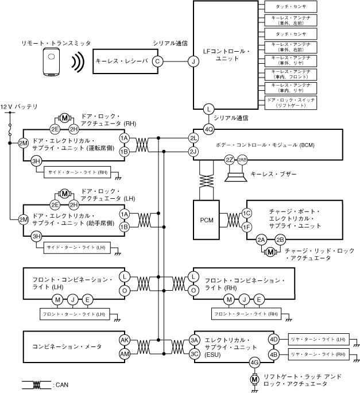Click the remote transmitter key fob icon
tap(52, 61)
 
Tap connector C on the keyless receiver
tap(157, 61)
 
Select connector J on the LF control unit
tap(193, 61)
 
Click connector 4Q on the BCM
tap(209, 129)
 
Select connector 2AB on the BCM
tap(242, 159)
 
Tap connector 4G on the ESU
tap(254, 363)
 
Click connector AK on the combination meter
tap(124, 340)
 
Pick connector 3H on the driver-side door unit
tap(36, 162)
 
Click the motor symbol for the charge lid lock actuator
tap(270, 251)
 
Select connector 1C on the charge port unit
tap(247, 213)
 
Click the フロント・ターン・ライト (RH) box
tap(246, 314)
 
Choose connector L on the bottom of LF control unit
tap(209, 108)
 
